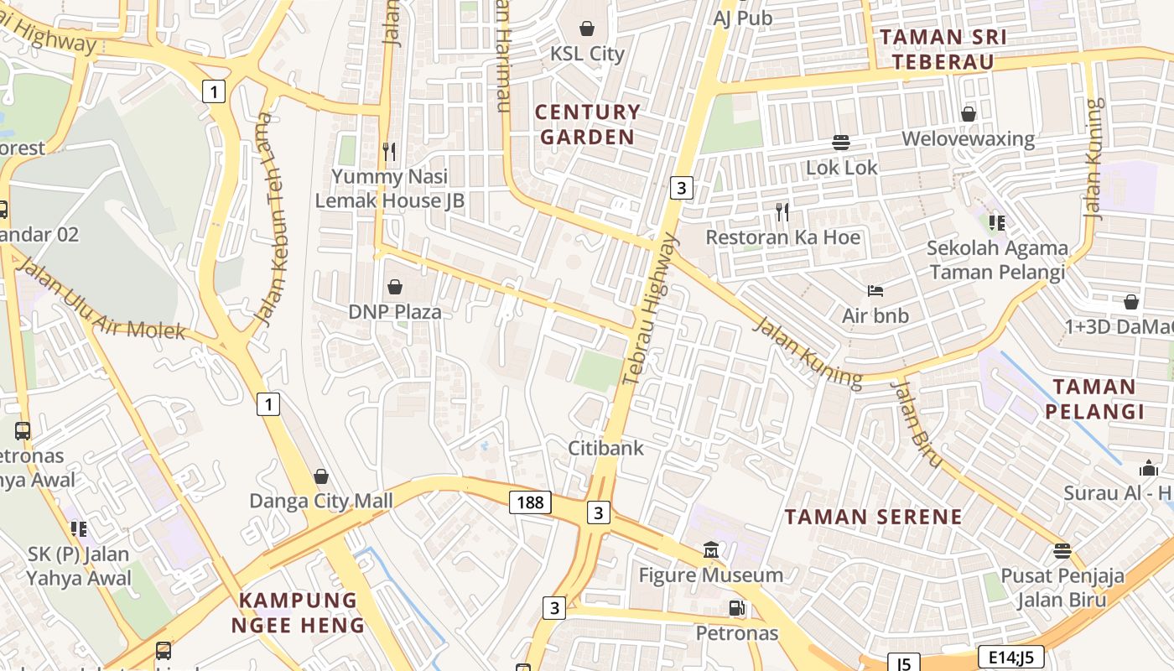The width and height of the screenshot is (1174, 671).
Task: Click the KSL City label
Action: [587, 54]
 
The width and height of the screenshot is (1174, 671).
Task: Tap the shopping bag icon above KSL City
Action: [587, 29]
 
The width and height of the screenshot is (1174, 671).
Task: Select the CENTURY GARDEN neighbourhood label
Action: [587, 124]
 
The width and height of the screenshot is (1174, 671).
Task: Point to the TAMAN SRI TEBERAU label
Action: [943, 49]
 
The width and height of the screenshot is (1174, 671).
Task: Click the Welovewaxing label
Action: [968, 138]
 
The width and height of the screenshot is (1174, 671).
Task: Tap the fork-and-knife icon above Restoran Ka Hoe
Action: [782, 212]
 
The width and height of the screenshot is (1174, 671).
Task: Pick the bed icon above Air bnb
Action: [875, 291]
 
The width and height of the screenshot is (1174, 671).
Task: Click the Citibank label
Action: [606, 448]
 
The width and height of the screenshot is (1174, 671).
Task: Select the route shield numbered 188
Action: [530, 502]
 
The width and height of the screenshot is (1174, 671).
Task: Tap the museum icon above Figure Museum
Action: [711, 550]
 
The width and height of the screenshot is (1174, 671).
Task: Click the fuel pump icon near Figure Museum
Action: [736, 608]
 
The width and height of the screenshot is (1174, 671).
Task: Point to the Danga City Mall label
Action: [321, 501]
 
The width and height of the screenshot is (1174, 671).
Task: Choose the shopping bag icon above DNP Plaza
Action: [394, 287]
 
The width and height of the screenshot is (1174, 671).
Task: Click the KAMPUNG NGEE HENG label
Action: [299, 613]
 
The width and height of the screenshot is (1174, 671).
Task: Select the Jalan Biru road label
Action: [916, 423]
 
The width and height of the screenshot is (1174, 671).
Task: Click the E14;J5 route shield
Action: [1010, 657]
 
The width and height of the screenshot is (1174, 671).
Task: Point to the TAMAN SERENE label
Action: [873, 517]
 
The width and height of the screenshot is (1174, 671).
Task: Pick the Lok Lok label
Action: [841, 167]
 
